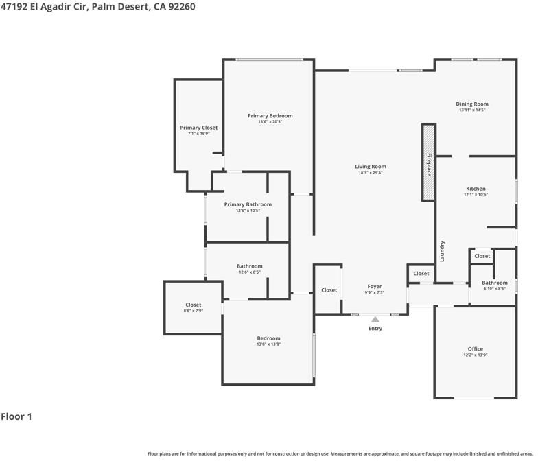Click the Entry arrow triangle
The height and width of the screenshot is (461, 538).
375,320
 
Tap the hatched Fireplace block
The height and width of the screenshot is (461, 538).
429,162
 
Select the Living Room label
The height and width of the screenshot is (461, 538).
371,167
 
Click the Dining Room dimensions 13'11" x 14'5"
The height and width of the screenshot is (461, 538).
472,110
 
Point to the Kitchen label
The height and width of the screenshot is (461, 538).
476,189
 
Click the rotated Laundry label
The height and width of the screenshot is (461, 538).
442,251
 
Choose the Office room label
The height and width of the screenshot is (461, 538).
475,348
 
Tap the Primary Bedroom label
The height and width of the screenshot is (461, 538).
270,116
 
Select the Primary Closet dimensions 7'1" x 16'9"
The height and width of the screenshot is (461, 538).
199,134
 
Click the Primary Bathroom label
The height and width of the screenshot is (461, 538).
248,204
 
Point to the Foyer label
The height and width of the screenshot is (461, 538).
375,287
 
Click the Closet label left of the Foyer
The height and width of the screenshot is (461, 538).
329,290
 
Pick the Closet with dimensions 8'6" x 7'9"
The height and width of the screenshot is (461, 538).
194,305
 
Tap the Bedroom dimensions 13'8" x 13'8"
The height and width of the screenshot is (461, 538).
269,344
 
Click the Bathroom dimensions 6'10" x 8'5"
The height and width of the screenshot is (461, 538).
495,289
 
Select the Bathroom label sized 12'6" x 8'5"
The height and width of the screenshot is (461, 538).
250,266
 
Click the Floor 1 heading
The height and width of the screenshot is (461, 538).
16,416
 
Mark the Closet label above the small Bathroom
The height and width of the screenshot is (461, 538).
482,256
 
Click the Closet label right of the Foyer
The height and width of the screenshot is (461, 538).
421,273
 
